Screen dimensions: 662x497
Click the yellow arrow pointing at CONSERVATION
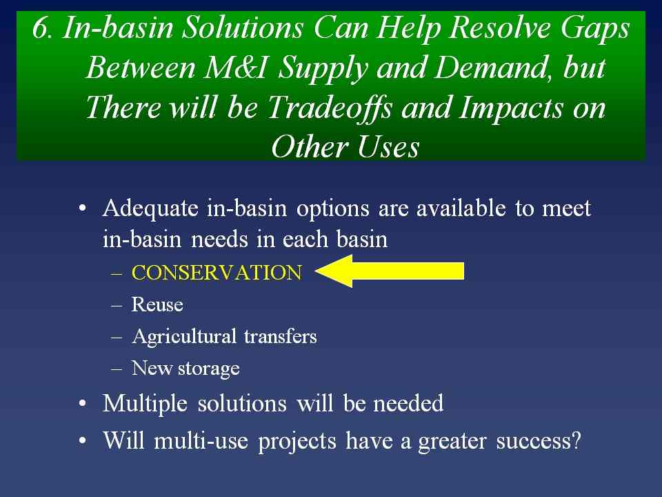point(389,271)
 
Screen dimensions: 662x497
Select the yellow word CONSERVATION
point(217,273)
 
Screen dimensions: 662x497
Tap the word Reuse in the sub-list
point(157,304)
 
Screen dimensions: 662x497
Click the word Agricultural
point(183,337)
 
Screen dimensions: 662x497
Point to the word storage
point(208,369)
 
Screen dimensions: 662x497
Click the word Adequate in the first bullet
point(150,208)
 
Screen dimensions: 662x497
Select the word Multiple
point(146,404)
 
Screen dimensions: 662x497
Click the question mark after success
point(575,440)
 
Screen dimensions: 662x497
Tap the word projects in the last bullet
point(297,442)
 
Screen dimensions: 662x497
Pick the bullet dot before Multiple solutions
point(83,404)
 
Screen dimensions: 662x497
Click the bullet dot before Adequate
point(83,208)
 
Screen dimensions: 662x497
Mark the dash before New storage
point(117,369)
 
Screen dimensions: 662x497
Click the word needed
point(408,404)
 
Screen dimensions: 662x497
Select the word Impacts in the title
point(511,108)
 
